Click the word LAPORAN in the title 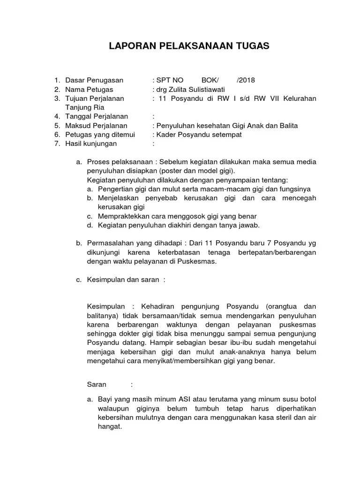[x=127, y=46]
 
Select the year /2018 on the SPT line [x=246, y=80]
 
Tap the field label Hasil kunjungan [x=91, y=143]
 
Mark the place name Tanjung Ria [x=84, y=107]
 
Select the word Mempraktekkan [x=121, y=216]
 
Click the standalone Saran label [x=97, y=385]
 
